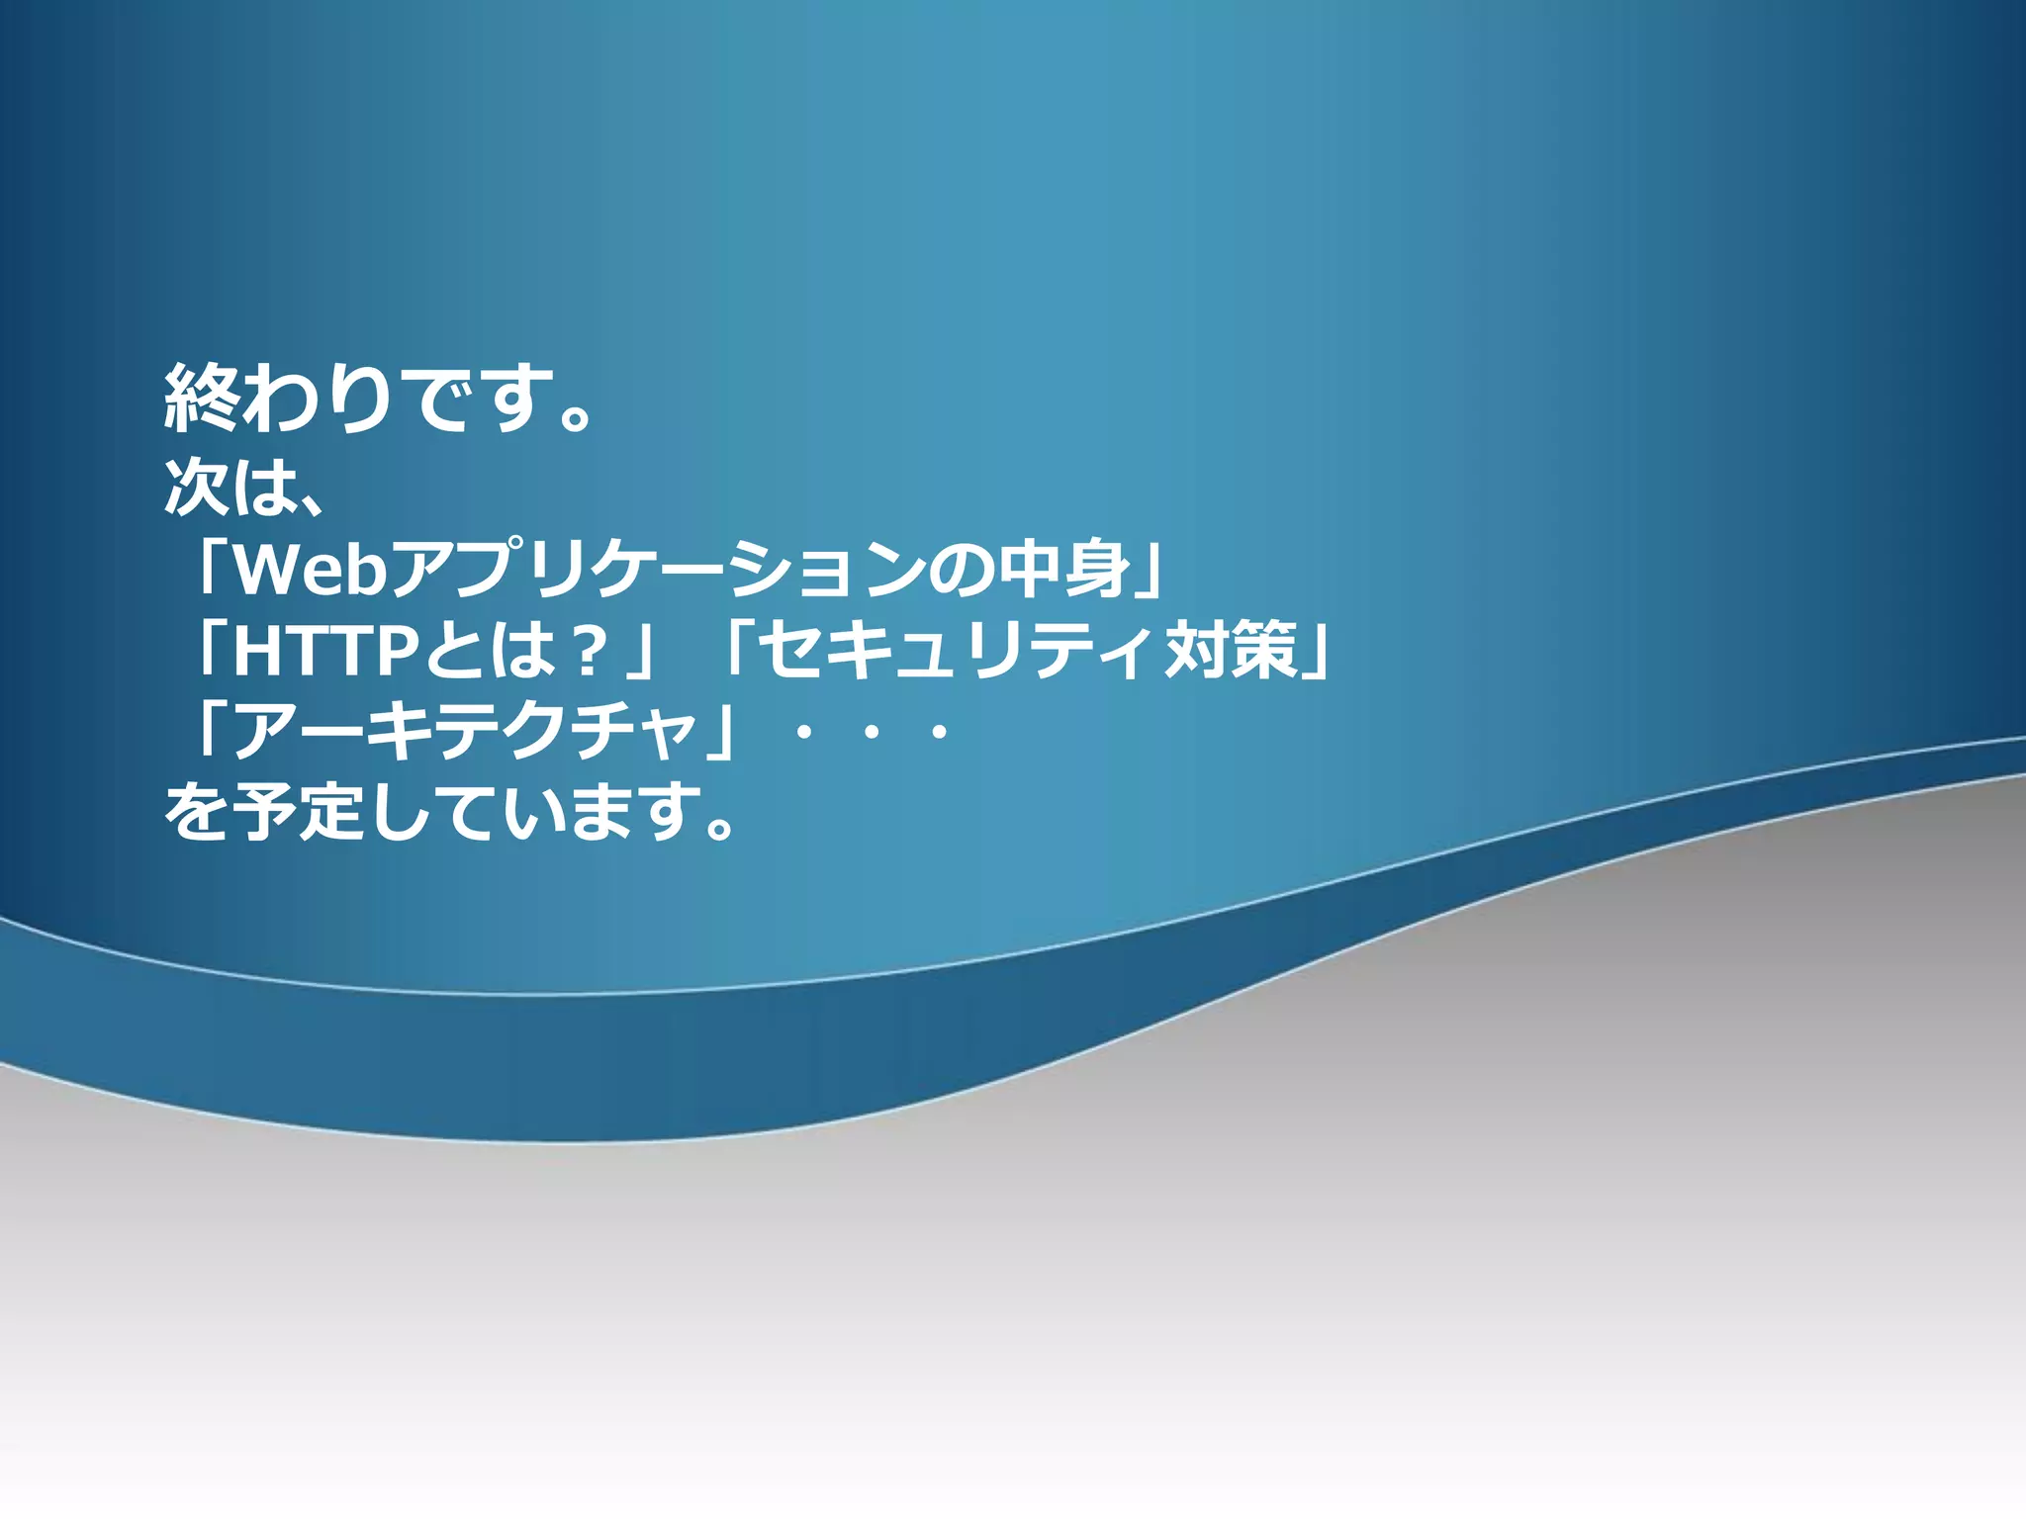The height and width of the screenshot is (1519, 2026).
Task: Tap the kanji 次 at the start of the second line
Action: pos(195,487)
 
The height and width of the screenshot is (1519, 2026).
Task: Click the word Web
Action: pos(310,570)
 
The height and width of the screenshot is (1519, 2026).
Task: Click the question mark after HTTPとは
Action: pos(591,651)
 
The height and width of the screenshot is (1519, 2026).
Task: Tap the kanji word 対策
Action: pos(1230,651)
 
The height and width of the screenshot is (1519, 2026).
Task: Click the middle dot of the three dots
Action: pos(872,734)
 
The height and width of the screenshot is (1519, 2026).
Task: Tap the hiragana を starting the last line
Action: pos(195,813)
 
